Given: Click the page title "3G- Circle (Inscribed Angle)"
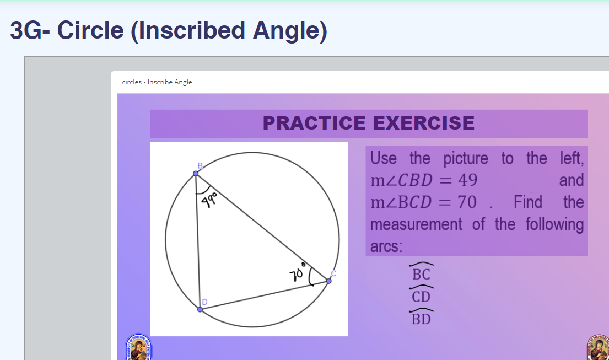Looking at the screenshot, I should [x=169, y=30].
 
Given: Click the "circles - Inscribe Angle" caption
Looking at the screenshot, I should [x=157, y=82].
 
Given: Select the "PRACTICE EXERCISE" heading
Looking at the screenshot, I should [x=368, y=123].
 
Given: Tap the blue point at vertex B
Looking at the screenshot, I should [x=196, y=174].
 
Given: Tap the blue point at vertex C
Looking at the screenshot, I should [x=329, y=281].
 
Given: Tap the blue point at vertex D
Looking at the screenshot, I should [x=200, y=309].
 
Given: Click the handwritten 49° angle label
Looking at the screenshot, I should [x=210, y=198].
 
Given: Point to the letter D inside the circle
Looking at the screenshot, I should [x=204, y=302].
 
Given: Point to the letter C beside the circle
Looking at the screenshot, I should [x=333, y=273].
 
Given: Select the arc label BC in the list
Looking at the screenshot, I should [x=421, y=274].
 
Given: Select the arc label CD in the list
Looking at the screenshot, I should [x=421, y=297].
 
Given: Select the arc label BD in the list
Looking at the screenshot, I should [x=421, y=319].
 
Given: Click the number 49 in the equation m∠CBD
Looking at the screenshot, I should [x=467, y=181].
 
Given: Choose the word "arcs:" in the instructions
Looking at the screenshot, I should [x=386, y=246].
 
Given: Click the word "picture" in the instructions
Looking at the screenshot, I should [x=466, y=159].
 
